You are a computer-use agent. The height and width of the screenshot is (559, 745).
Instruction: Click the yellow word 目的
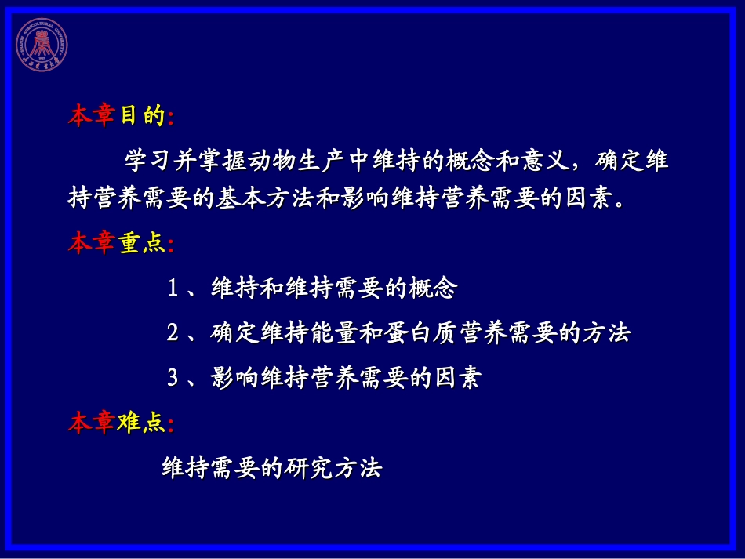pos(142,117)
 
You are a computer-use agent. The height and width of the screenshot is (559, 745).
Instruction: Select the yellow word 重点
pos(142,244)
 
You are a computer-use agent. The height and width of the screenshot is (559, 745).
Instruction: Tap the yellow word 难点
pos(142,424)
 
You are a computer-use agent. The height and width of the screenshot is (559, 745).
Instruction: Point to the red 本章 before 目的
pos(92,117)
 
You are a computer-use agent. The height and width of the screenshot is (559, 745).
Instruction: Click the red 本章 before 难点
pos(92,424)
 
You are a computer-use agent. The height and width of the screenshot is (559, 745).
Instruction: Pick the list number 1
pos(173,289)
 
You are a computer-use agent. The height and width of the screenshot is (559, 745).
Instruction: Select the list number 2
pos(173,333)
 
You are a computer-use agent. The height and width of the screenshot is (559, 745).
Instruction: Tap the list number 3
pos(173,379)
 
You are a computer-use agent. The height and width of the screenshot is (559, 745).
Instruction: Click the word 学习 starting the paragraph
pos(149,162)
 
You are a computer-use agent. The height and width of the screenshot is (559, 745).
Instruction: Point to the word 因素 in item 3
pos(456,379)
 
